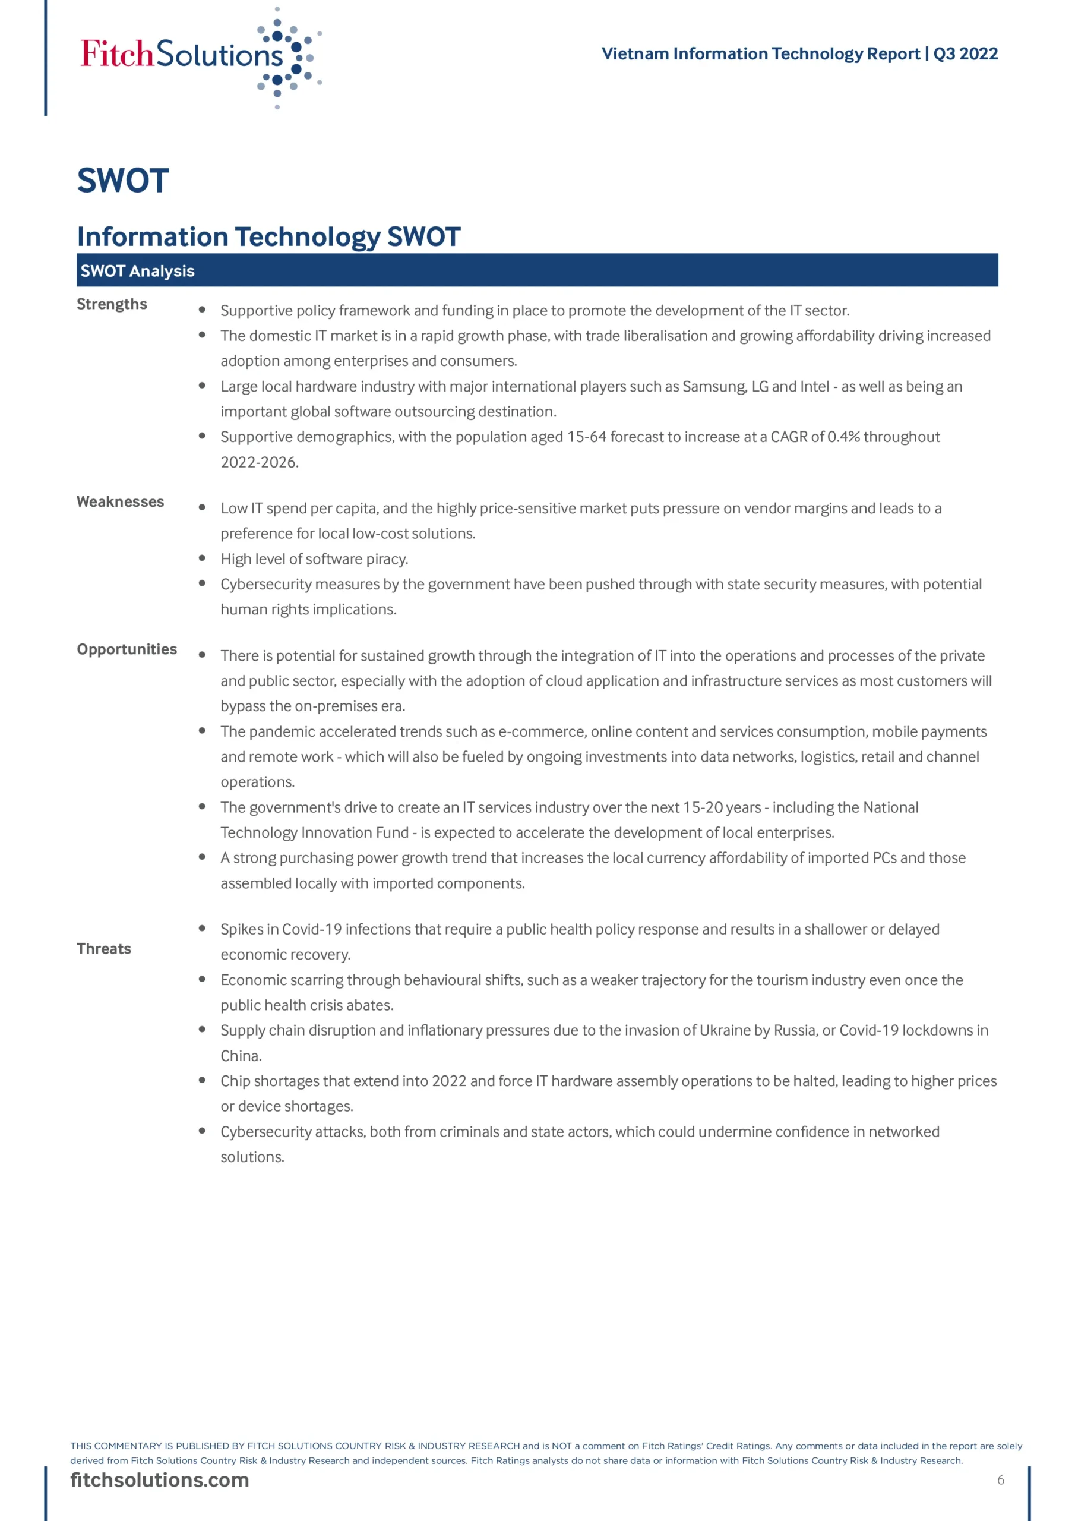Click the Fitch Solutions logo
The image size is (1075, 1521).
tap(199, 56)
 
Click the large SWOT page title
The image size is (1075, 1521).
tap(123, 180)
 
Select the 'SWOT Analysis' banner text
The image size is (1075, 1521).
tap(137, 271)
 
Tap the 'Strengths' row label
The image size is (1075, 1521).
tap(112, 304)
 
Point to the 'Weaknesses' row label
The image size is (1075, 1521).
tap(120, 501)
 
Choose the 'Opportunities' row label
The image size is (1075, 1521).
tap(127, 649)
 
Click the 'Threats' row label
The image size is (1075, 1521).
tap(103, 949)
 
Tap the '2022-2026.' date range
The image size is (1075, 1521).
tap(260, 462)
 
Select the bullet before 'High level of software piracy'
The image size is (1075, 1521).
tap(202, 558)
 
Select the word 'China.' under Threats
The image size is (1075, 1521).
tap(241, 1056)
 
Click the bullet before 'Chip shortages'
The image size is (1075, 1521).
tap(202, 1081)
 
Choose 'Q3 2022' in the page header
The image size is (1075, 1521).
tap(965, 53)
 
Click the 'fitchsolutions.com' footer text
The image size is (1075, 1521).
tap(160, 1480)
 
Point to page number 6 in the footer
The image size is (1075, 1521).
tap(1000, 1480)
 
